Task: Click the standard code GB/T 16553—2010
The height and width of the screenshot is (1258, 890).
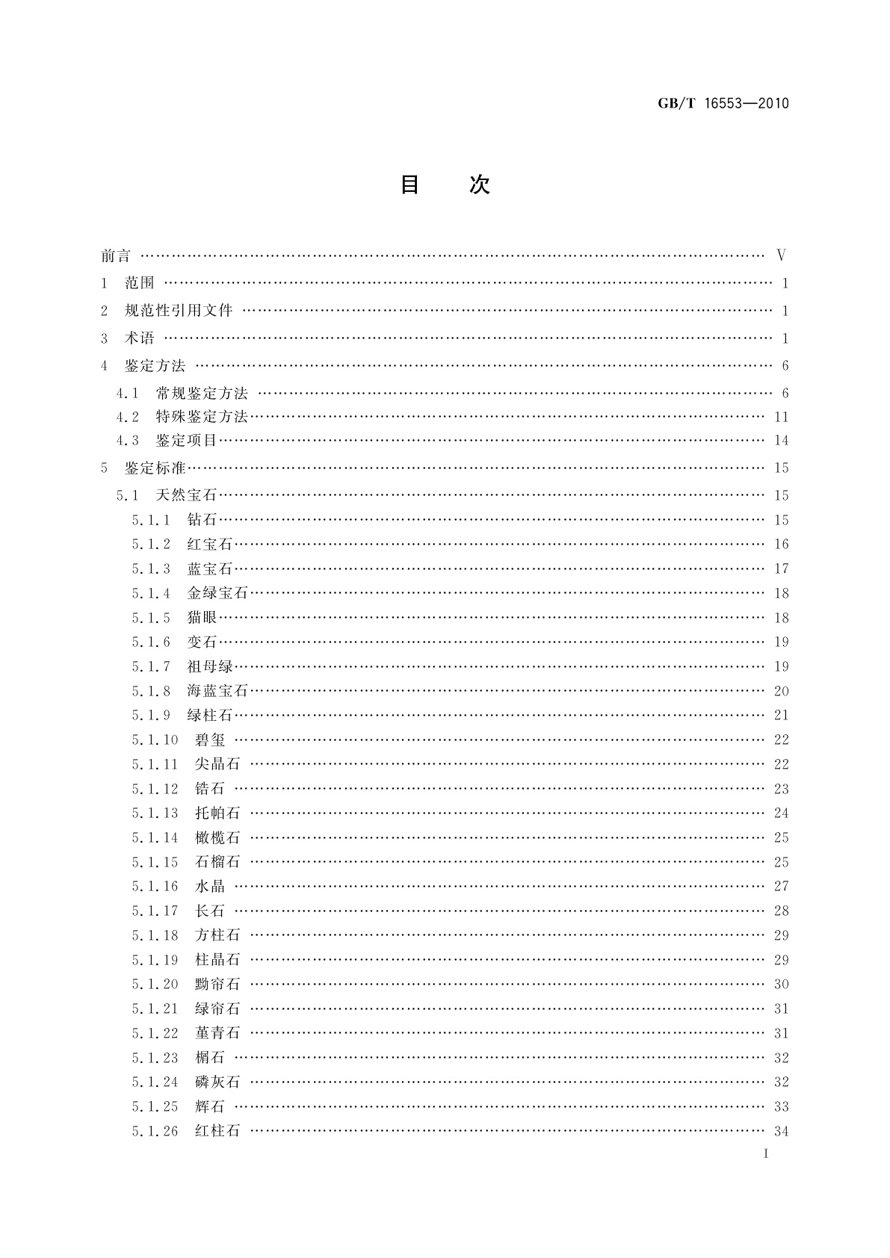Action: pos(723,104)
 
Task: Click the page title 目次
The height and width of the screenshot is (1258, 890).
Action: pos(445,185)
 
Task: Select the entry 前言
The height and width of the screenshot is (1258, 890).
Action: pos(116,256)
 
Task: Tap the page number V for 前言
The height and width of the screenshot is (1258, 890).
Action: pos(781,255)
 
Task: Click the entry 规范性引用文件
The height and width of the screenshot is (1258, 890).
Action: pos(179,311)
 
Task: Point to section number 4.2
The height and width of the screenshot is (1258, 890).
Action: pos(128,417)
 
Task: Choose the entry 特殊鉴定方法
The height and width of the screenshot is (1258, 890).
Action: pos(202,417)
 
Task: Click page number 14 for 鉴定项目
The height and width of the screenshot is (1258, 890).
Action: pos(781,441)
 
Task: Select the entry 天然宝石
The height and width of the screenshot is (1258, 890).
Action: pos(187,495)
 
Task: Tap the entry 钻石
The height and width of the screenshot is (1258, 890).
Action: pos(202,520)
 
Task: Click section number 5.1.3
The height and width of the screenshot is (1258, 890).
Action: pos(151,568)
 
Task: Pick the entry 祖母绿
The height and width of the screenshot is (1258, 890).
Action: pos(210,666)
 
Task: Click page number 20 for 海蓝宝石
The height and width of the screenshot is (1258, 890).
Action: pos(781,691)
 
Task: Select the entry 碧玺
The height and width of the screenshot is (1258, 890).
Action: pos(210,740)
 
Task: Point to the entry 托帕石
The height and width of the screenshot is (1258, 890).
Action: pos(217,813)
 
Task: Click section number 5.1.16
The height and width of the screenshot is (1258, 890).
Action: pos(155,886)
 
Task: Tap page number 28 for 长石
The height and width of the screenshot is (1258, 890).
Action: pos(781,911)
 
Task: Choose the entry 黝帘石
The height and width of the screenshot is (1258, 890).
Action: pos(217,984)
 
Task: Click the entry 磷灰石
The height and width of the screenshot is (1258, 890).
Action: pos(217,1082)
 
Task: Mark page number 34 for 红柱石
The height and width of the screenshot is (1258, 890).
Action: pos(781,1131)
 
